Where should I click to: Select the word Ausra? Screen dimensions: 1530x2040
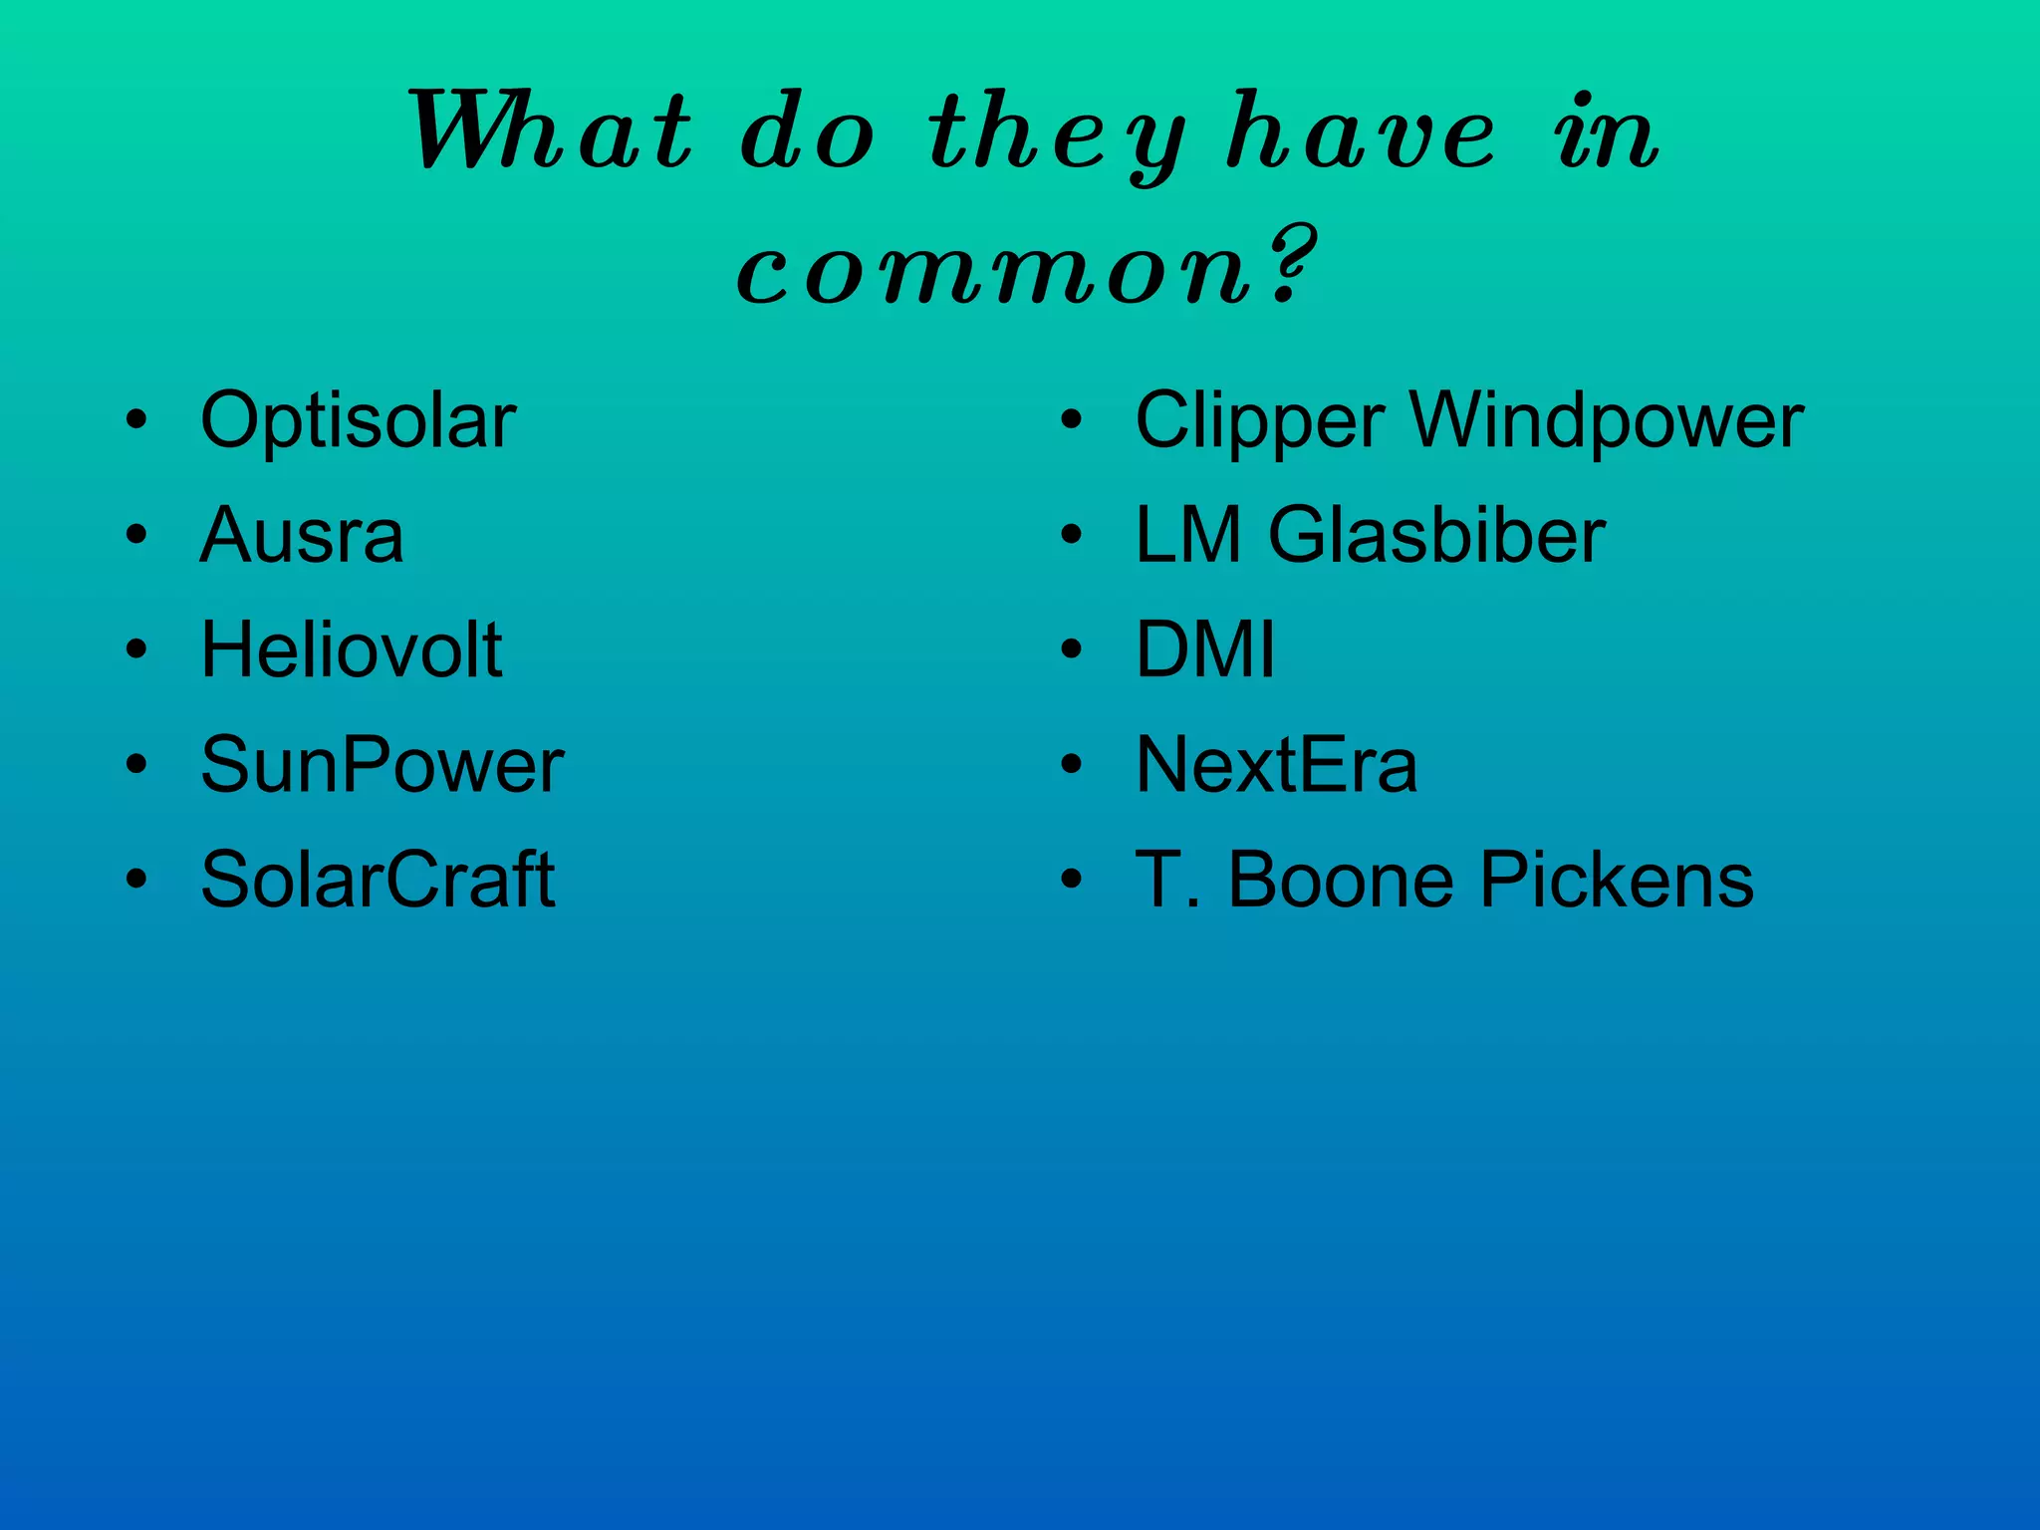302,537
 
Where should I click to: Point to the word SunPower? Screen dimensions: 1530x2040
382,766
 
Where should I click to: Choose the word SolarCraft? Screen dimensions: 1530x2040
378,881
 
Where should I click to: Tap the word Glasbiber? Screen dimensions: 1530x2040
1436,537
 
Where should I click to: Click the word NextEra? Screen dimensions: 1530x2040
1276,766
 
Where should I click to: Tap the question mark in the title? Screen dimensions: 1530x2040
1293,264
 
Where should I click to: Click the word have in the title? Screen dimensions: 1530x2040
1361,132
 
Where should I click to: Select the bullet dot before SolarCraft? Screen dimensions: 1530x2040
136,881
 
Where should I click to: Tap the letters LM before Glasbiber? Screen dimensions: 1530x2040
1187,537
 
